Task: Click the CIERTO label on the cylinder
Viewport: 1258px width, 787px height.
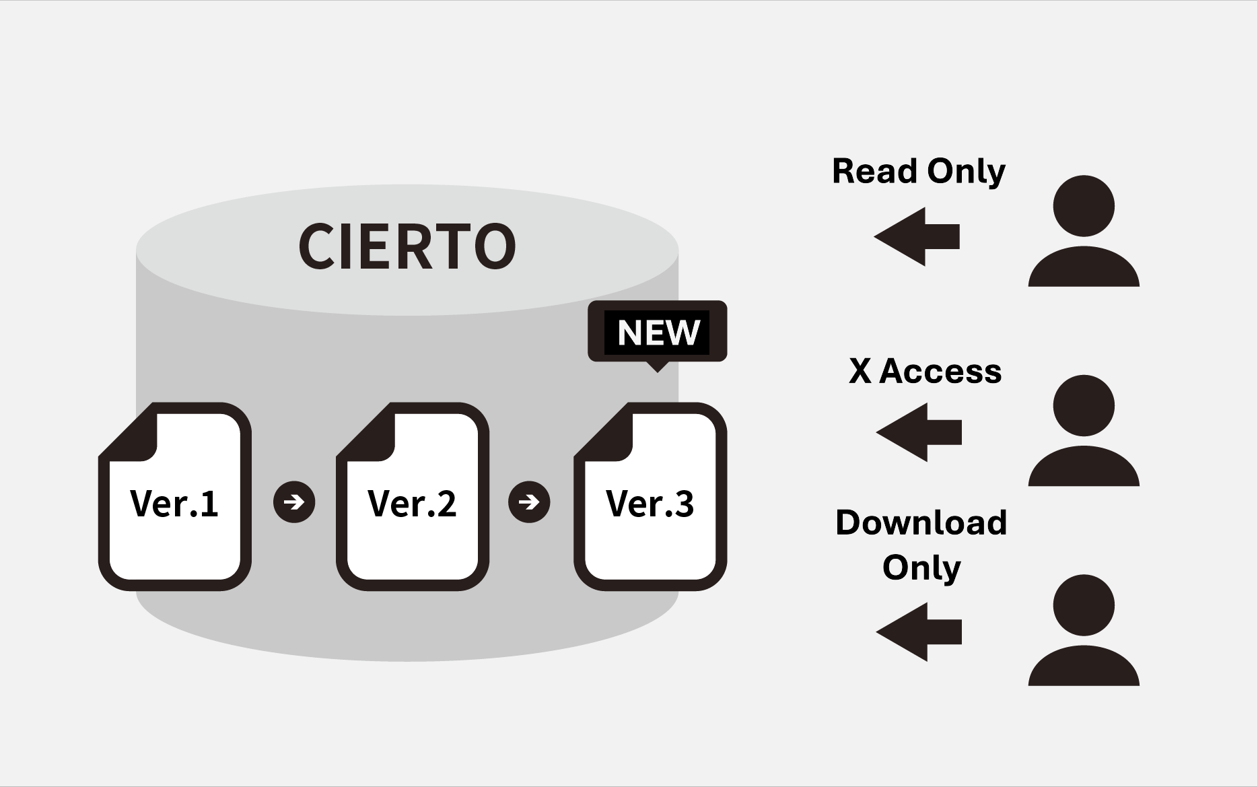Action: click(407, 246)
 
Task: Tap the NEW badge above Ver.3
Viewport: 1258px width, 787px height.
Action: click(658, 332)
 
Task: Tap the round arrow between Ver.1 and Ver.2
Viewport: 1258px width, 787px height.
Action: click(294, 502)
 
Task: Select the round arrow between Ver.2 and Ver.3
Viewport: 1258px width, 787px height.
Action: click(529, 502)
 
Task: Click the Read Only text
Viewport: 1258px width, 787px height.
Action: click(919, 172)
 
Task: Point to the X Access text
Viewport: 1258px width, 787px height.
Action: click(925, 371)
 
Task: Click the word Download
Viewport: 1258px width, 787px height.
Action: click(921, 523)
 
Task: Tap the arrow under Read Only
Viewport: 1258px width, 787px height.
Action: click(916, 237)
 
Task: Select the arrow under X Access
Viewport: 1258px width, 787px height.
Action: click(919, 432)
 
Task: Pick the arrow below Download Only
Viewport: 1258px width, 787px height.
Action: click(919, 632)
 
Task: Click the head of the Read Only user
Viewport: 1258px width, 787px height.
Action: click(1084, 206)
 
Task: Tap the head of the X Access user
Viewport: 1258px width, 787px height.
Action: click(1084, 405)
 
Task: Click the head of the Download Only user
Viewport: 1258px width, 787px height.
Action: click(1084, 605)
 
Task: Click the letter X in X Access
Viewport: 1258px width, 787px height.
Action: click(860, 371)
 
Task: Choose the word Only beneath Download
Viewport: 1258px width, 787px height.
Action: click(921, 568)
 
